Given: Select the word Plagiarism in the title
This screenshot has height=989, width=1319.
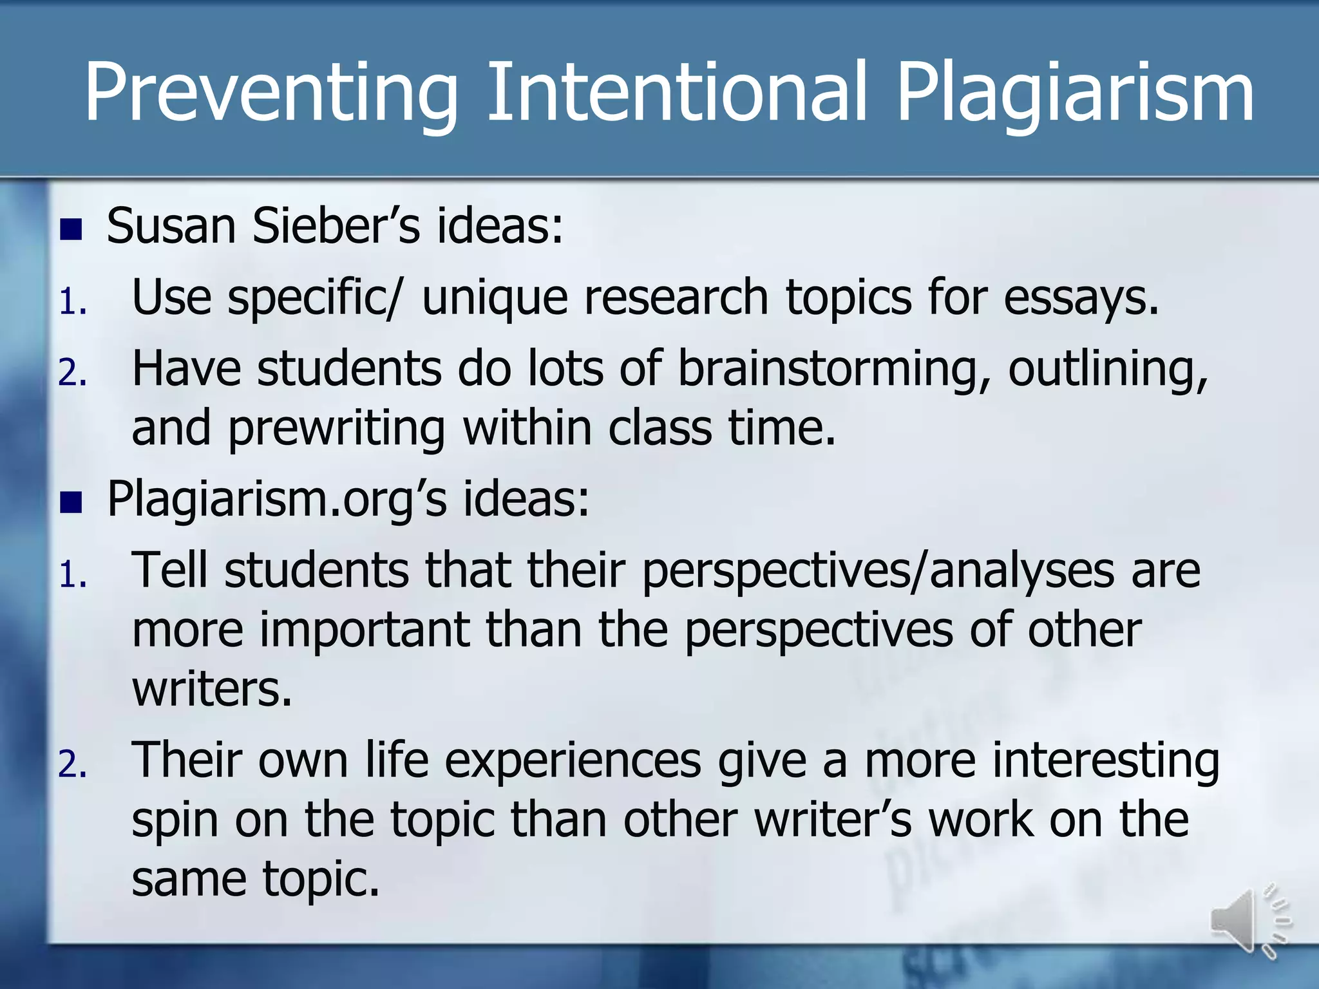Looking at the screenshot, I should tap(1074, 93).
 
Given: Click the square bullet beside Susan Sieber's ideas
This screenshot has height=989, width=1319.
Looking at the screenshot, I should tap(71, 229).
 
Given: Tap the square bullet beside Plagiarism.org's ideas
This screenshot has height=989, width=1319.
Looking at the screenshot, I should tap(71, 502).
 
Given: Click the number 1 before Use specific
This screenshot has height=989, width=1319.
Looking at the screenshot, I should tap(71, 301).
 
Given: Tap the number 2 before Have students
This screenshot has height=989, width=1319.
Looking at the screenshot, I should tap(71, 372).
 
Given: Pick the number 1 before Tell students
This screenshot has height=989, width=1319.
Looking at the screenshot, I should tap(71, 574).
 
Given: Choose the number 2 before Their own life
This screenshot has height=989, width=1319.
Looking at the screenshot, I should tap(71, 765).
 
